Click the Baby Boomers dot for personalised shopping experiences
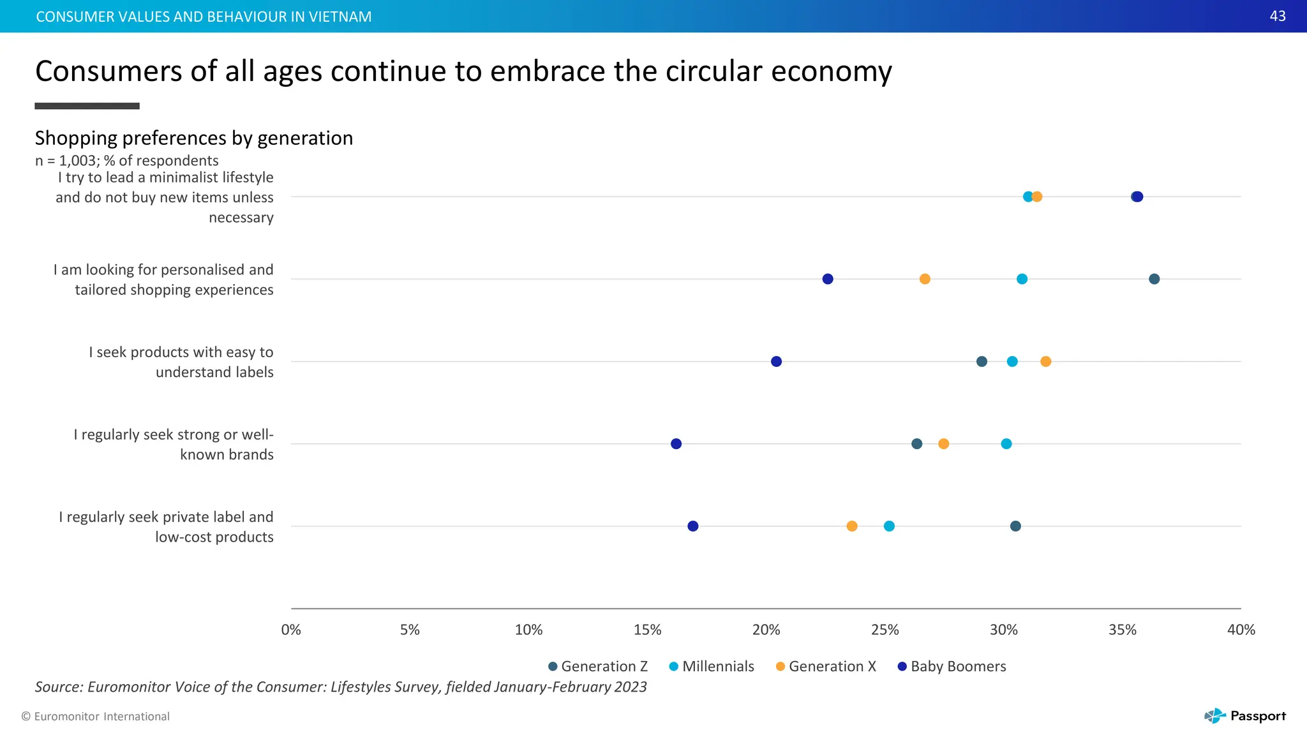tap(828, 279)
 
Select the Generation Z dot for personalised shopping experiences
tap(1154, 279)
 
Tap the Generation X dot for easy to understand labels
tap(1045, 362)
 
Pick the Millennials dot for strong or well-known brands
tap(1006, 444)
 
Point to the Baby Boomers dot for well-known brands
tap(676, 444)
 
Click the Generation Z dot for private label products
tap(1015, 526)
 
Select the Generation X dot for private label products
tap(852, 526)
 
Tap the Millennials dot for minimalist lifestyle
tap(1027, 197)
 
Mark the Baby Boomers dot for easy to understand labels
tap(776, 362)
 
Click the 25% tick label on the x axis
tap(885, 630)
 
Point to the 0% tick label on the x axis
tap(291, 630)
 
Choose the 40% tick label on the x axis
tap(1241, 630)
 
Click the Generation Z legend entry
tap(598, 667)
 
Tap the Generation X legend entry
tap(826, 667)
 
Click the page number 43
tap(1278, 16)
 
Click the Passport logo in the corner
tap(1245, 716)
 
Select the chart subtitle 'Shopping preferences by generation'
tap(194, 138)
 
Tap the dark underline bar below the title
tap(87, 106)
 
